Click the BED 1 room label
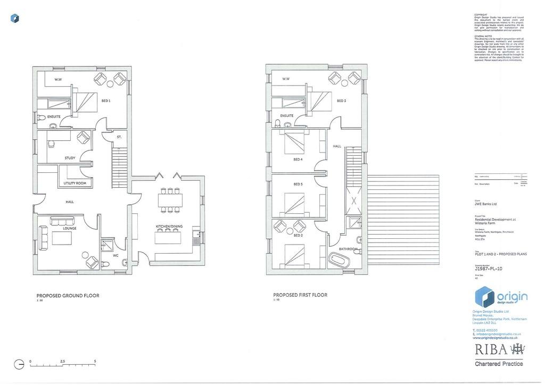pos(106,101)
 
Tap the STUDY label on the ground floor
pos(70,158)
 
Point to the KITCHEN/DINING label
pos(169,227)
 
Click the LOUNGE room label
pos(70,229)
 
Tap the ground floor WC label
pos(115,256)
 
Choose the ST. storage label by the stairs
pos(119,137)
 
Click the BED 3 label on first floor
pos(341,101)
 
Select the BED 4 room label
pos(298,160)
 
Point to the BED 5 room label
pos(298,185)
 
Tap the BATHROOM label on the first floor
pos(348,249)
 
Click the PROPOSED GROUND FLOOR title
pos(68,296)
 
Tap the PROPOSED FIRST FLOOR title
pos(300,295)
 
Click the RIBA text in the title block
pos(490,349)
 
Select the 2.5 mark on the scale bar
pos(63,361)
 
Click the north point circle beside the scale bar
pos(19,365)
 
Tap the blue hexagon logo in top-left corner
pos(15,19)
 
